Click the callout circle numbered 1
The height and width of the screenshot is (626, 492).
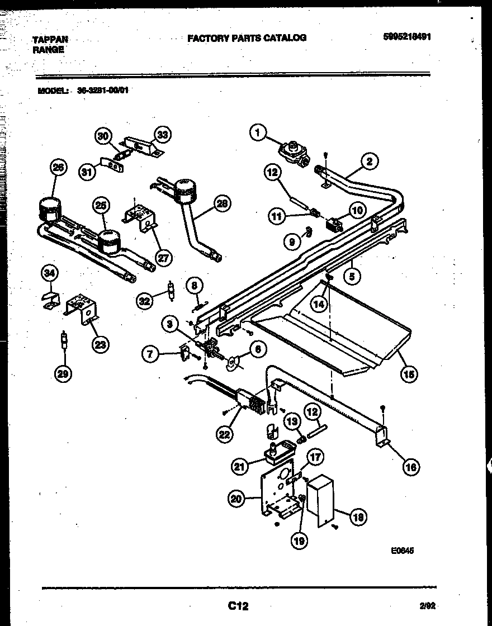pos(258,132)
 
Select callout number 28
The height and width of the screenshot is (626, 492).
pos(223,205)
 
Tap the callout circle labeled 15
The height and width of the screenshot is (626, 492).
pos(409,374)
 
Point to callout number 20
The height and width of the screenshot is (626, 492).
pos(237,499)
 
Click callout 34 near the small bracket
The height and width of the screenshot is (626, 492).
pos(50,273)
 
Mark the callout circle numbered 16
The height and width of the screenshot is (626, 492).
pos(411,467)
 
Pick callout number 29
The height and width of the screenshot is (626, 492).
pos(64,374)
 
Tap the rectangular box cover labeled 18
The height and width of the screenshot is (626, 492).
pos(320,500)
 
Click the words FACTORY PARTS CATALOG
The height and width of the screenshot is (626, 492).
pos(247,38)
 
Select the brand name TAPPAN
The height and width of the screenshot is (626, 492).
pos(50,40)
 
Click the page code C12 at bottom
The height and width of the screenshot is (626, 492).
pos(238,605)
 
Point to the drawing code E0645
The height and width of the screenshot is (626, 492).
pos(402,550)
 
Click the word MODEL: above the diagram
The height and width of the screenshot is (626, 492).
pos(53,90)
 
